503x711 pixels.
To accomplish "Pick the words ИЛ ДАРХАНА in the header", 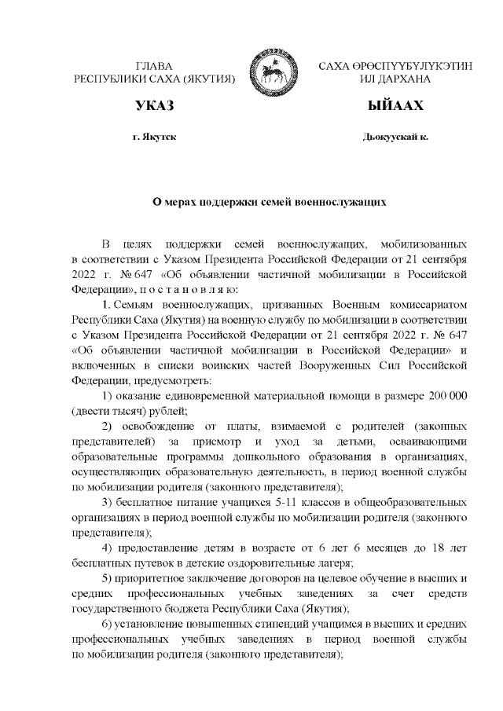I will point(395,80).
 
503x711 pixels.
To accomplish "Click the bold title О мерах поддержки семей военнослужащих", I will point(270,201).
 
